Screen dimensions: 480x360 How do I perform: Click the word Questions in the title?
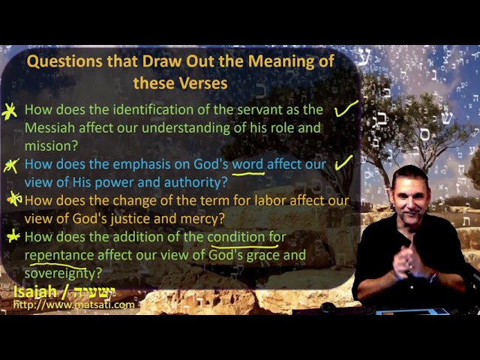coord(64,61)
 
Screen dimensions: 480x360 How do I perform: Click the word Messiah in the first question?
coord(49,127)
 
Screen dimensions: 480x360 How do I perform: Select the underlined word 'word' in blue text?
coord(247,164)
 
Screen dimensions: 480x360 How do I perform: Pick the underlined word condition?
coord(236,237)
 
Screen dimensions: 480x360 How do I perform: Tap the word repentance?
coord(59,256)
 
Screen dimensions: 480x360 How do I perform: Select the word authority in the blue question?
coord(196,183)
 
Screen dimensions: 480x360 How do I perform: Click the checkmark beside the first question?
coord(346,109)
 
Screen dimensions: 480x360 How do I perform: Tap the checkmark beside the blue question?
coord(343,163)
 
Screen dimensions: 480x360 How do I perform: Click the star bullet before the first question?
coord(9,111)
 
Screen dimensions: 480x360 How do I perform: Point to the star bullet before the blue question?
coord(11,166)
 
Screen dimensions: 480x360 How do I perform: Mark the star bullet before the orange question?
coord(14,199)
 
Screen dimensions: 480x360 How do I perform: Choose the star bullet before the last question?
coord(13,236)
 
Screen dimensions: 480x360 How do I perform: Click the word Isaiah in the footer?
coord(35,292)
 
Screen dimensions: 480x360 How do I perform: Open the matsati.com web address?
coord(74,305)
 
